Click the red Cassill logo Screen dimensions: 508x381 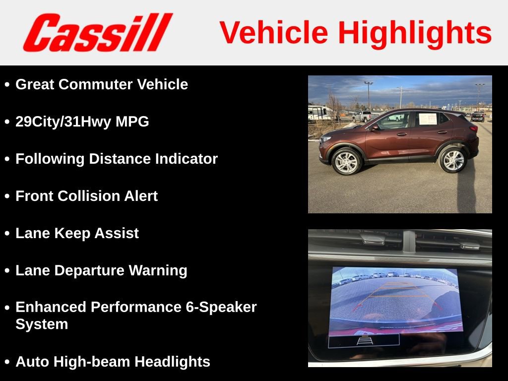98,32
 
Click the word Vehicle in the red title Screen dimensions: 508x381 274,32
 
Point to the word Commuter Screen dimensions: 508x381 96,84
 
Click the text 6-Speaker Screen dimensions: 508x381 221,307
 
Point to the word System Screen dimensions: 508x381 42,324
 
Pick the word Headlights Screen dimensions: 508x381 172,362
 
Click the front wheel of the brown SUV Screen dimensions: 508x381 347,161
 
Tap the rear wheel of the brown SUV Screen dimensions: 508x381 453,159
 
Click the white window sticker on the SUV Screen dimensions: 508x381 428,119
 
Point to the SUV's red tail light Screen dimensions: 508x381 473,128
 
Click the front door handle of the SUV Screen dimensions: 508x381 402,134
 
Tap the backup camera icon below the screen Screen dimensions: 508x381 365,340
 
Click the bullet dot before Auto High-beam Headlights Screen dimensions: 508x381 7,362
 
